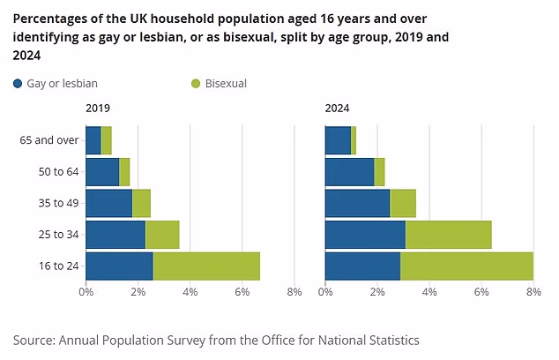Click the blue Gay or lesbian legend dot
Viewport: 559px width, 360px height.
[19, 84]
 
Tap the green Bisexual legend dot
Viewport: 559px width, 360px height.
[195, 84]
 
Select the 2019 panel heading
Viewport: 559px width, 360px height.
[97, 109]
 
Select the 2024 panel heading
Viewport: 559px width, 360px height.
[337, 109]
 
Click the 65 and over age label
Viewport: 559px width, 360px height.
[50, 140]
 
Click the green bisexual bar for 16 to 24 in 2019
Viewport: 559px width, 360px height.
[206, 266]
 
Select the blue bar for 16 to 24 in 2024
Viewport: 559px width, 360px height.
[362, 266]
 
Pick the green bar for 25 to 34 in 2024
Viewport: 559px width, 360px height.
[448, 235]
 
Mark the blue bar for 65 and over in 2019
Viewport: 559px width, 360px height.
[93, 140]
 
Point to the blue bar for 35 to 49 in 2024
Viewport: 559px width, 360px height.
[357, 203]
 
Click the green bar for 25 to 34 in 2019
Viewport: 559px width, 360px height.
[162, 235]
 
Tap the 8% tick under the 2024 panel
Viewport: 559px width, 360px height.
[533, 292]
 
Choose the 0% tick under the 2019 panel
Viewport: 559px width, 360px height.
[86, 292]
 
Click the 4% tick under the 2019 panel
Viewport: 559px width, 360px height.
[190, 292]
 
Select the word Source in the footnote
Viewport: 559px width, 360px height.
[33, 340]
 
